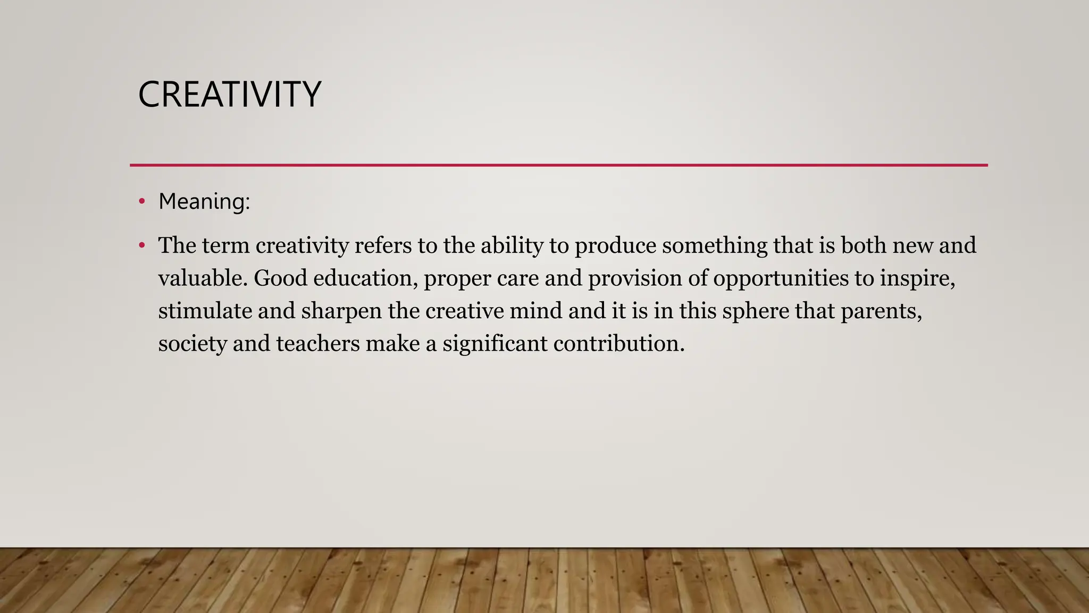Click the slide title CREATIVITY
point(229,95)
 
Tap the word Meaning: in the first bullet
point(204,202)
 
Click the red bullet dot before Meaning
point(141,202)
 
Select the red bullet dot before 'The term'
point(141,246)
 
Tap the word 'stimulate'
point(205,311)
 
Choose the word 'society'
point(192,344)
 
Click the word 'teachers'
point(318,344)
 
